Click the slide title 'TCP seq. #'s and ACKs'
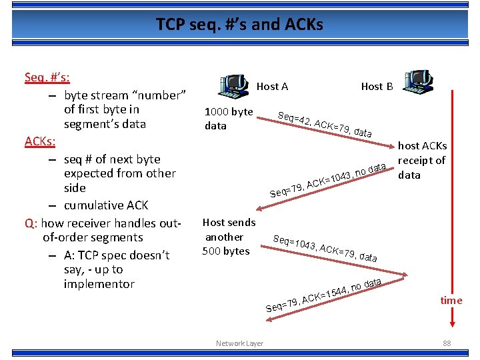click(x=239, y=25)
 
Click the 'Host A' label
click(x=272, y=86)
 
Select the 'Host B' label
click(x=377, y=86)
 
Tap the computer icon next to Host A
click(x=233, y=84)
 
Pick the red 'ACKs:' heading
click(x=40, y=142)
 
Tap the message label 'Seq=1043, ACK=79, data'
click(x=325, y=249)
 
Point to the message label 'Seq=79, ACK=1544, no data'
click(x=324, y=295)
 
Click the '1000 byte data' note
click(x=229, y=119)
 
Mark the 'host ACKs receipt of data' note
click(x=422, y=160)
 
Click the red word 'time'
click(x=451, y=300)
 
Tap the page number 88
click(x=447, y=343)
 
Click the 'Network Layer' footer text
click(x=239, y=343)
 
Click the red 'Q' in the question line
click(x=29, y=223)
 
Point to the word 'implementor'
click(x=99, y=284)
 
